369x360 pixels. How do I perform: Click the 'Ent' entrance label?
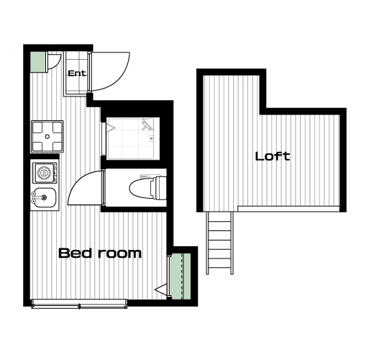(x=77, y=73)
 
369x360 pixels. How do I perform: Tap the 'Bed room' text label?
(x=100, y=253)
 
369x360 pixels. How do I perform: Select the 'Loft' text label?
(x=273, y=156)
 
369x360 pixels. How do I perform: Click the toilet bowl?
(x=141, y=187)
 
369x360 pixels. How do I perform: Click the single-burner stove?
(x=45, y=173)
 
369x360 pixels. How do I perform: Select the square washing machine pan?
(x=47, y=137)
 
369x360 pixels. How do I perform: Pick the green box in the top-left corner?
(x=37, y=62)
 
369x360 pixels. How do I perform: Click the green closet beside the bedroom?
(x=180, y=276)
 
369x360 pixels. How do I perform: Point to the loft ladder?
(x=219, y=243)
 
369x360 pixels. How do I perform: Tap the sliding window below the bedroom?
(x=79, y=304)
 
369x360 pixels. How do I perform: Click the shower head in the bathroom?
(x=147, y=125)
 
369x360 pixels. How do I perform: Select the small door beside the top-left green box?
(x=53, y=62)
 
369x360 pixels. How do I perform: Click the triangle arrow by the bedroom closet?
(x=161, y=289)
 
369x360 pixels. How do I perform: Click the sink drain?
(x=44, y=197)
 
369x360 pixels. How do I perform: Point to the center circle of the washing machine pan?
(x=47, y=137)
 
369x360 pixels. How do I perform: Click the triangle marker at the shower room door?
(x=111, y=128)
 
